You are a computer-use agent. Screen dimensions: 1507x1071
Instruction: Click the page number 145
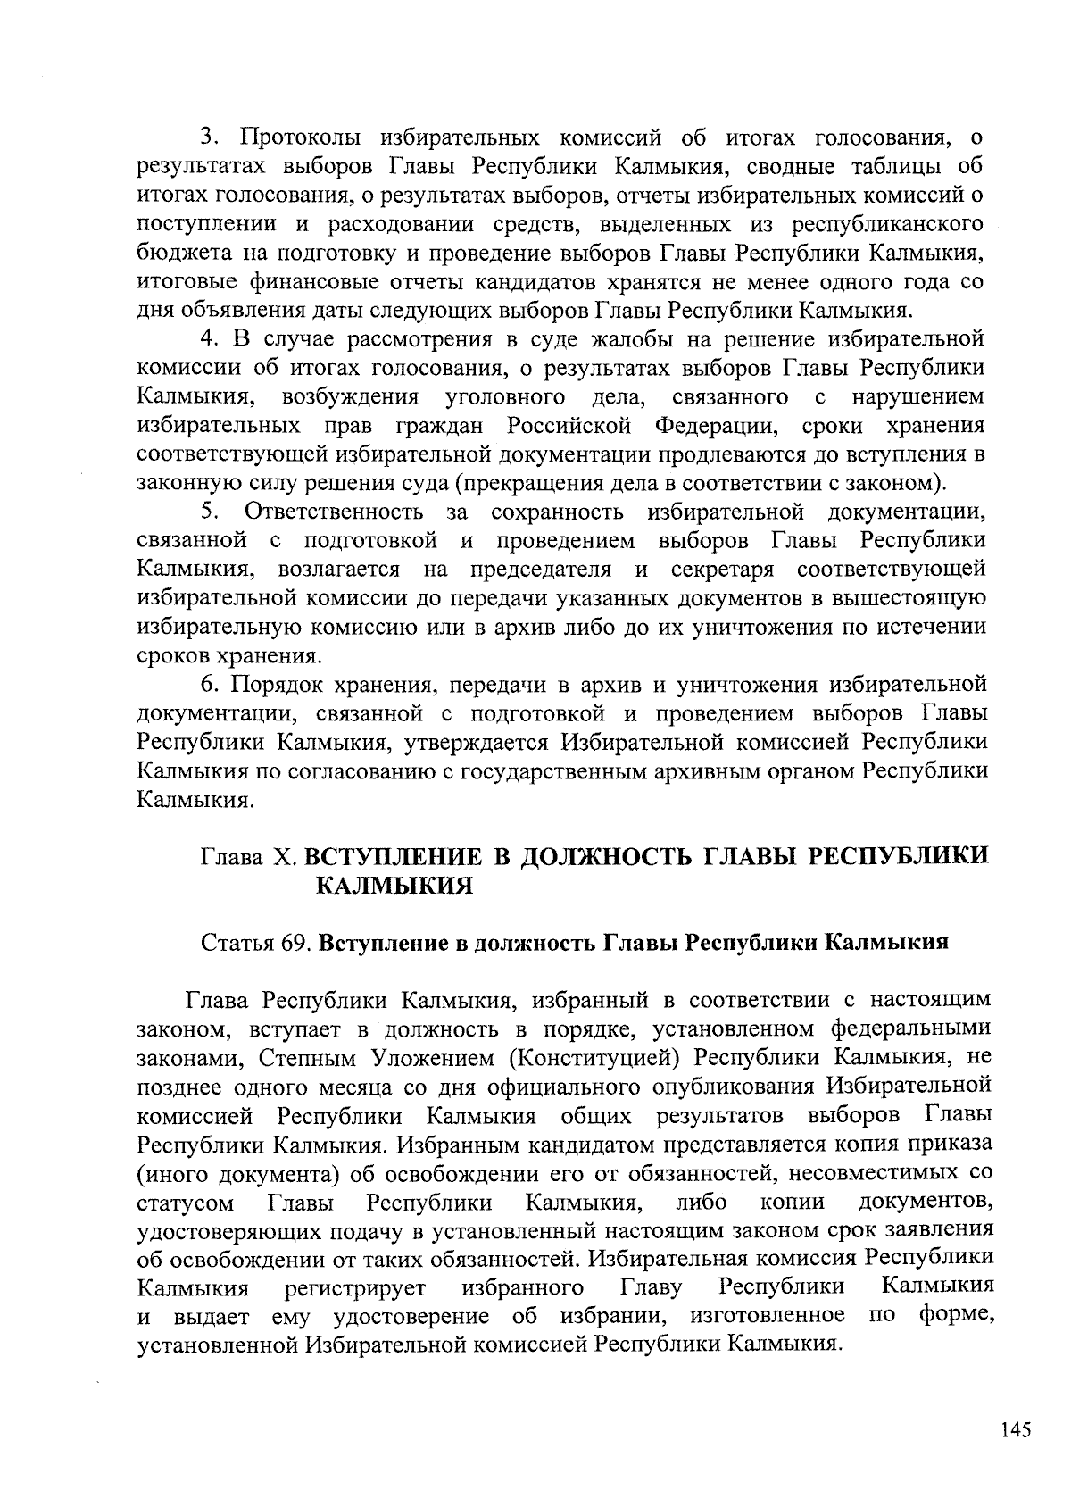click(x=1016, y=1429)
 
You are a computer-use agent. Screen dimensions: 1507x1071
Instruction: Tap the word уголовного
click(x=504, y=397)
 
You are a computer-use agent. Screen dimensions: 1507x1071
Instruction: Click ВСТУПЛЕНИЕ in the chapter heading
click(x=394, y=856)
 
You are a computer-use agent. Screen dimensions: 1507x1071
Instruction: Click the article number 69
click(x=294, y=945)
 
